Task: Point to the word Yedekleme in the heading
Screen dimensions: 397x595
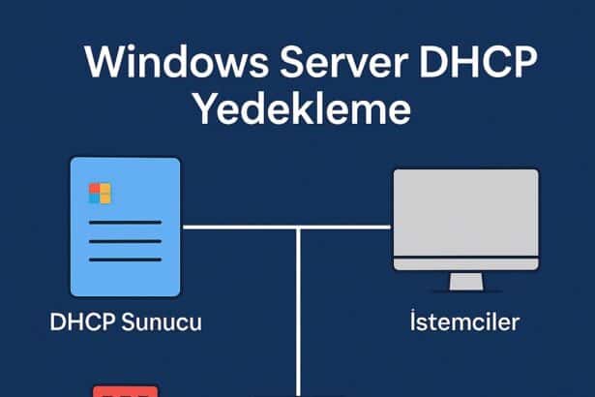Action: point(303,108)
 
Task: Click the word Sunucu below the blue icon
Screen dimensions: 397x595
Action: point(162,322)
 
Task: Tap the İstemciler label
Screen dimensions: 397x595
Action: point(464,322)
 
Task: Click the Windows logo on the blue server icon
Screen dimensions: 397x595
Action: point(100,193)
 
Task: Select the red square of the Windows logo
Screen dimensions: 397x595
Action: point(95,188)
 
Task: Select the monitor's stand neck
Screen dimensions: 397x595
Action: point(465,280)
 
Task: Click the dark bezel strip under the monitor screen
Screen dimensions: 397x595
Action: point(465,261)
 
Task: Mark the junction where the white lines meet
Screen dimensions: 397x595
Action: point(301,229)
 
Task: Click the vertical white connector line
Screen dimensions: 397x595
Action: point(301,310)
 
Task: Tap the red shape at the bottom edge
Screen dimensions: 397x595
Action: point(125,390)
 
